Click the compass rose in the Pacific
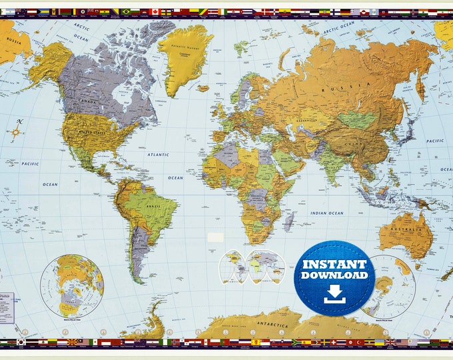tap(17, 131)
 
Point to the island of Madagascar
tap(287, 217)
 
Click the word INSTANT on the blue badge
tap(334, 263)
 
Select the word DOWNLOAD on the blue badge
tap(334, 275)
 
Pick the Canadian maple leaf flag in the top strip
tap(154, 11)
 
